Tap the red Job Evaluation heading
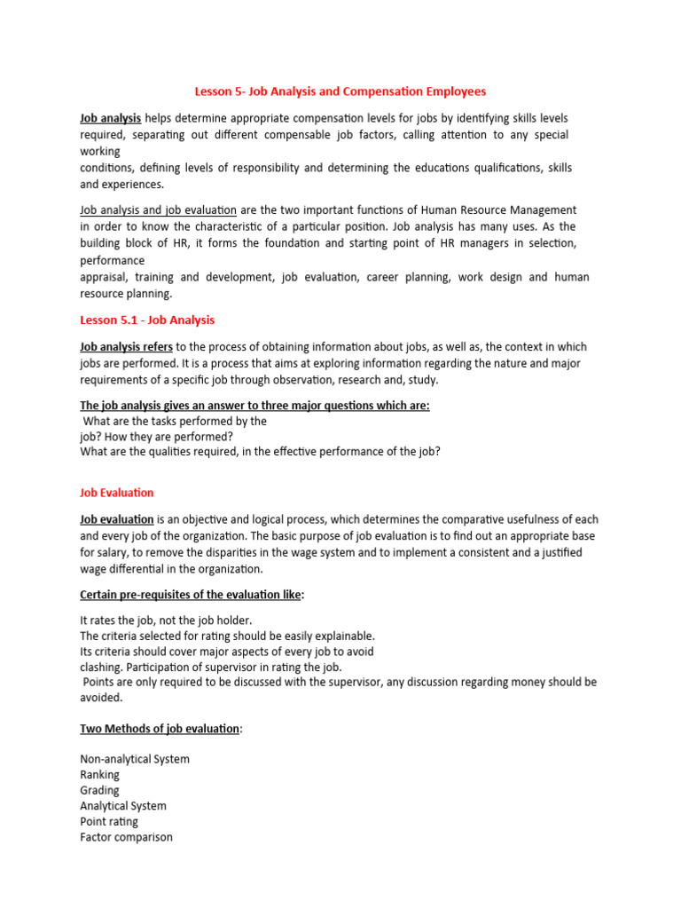point(117,492)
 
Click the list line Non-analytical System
point(135,759)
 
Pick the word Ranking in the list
point(99,775)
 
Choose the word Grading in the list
point(99,790)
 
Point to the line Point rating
point(109,821)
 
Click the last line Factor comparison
point(126,837)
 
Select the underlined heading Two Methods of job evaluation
point(160,728)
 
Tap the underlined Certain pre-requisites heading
point(190,595)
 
